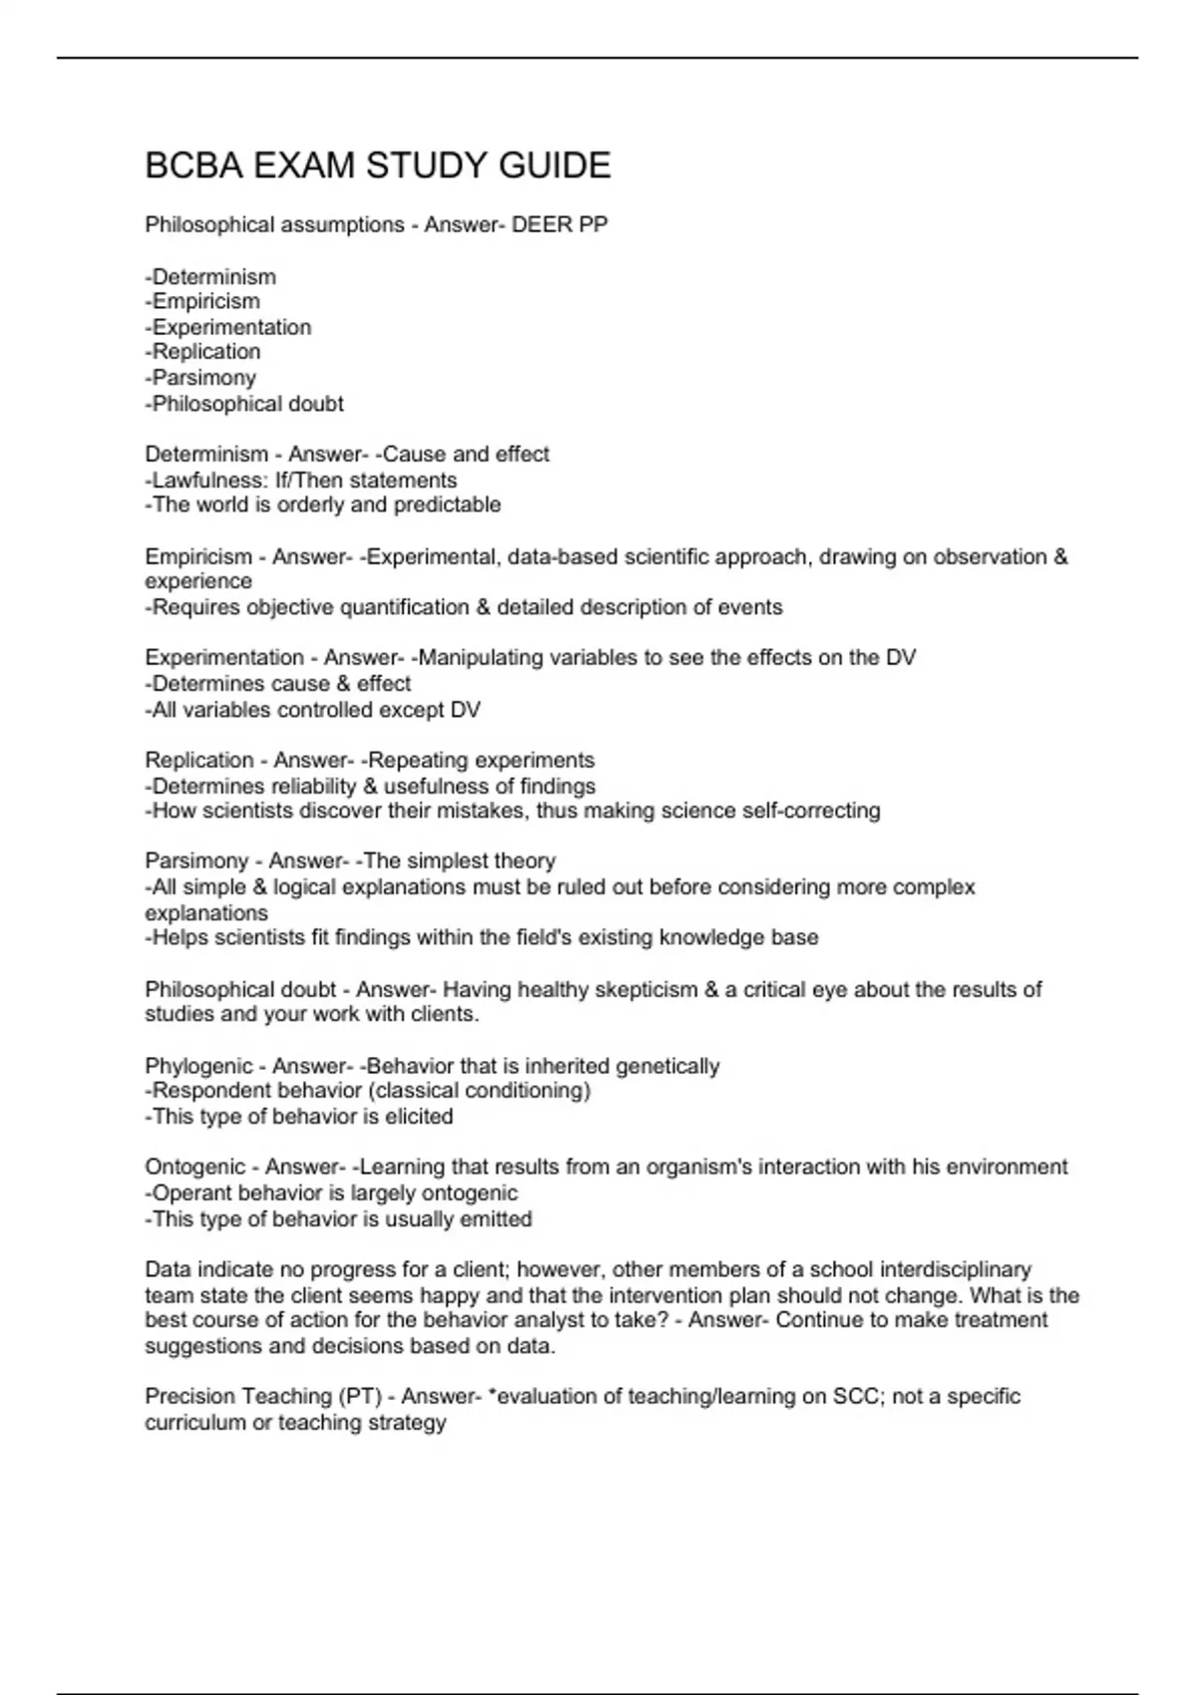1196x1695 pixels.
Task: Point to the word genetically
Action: tap(667, 1067)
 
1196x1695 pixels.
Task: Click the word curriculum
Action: tap(194, 1424)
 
